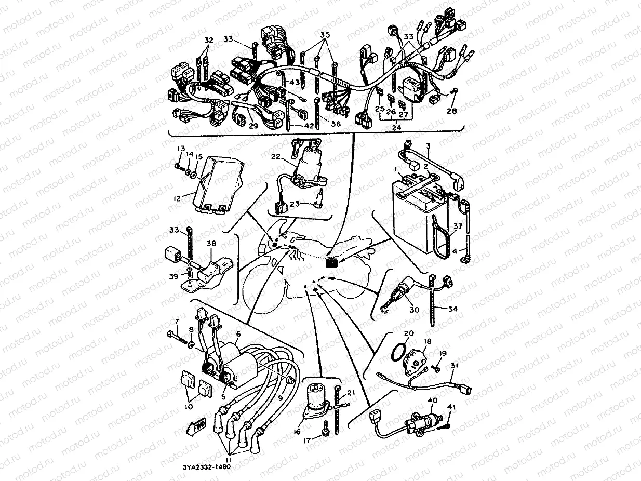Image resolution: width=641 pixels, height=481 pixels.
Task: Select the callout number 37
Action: coord(457,226)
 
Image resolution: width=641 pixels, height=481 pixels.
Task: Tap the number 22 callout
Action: coord(275,156)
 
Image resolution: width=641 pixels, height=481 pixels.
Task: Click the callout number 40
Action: coord(432,400)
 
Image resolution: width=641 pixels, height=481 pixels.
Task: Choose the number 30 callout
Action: coord(414,310)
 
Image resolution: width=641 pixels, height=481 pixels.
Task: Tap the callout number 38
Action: coord(212,243)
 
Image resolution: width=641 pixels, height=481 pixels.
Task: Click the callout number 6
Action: coord(238,334)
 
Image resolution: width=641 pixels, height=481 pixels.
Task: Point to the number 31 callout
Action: coord(455,365)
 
